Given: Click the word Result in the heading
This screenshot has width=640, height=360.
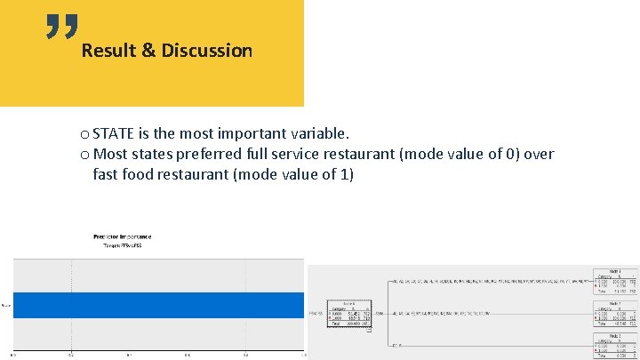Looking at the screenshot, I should [x=106, y=51].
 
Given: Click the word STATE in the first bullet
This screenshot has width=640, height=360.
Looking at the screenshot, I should [x=114, y=134].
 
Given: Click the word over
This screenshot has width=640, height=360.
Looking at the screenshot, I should [x=539, y=155].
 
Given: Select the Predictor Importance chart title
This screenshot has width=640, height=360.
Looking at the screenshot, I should [x=123, y=236].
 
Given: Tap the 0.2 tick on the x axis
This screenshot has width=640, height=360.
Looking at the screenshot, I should [x=72, y=356].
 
